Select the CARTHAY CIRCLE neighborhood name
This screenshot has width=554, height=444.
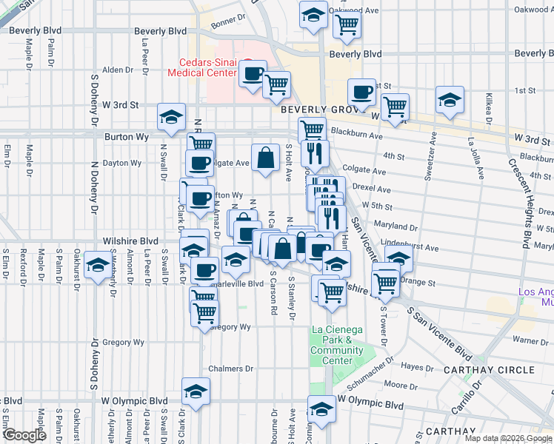tap(489, 369)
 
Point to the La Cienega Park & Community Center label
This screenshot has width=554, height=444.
tap(337, 345)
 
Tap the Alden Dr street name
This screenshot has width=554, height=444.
tap(117, 70)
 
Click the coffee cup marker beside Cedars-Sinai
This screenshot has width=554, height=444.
tap(253, 73)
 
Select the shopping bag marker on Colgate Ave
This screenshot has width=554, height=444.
tap(266, 157)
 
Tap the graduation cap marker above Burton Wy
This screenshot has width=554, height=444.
tap(172, 117)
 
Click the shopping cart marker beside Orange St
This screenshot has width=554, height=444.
tap(386, 281)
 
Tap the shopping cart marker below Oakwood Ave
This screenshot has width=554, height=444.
tap(346, 25)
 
